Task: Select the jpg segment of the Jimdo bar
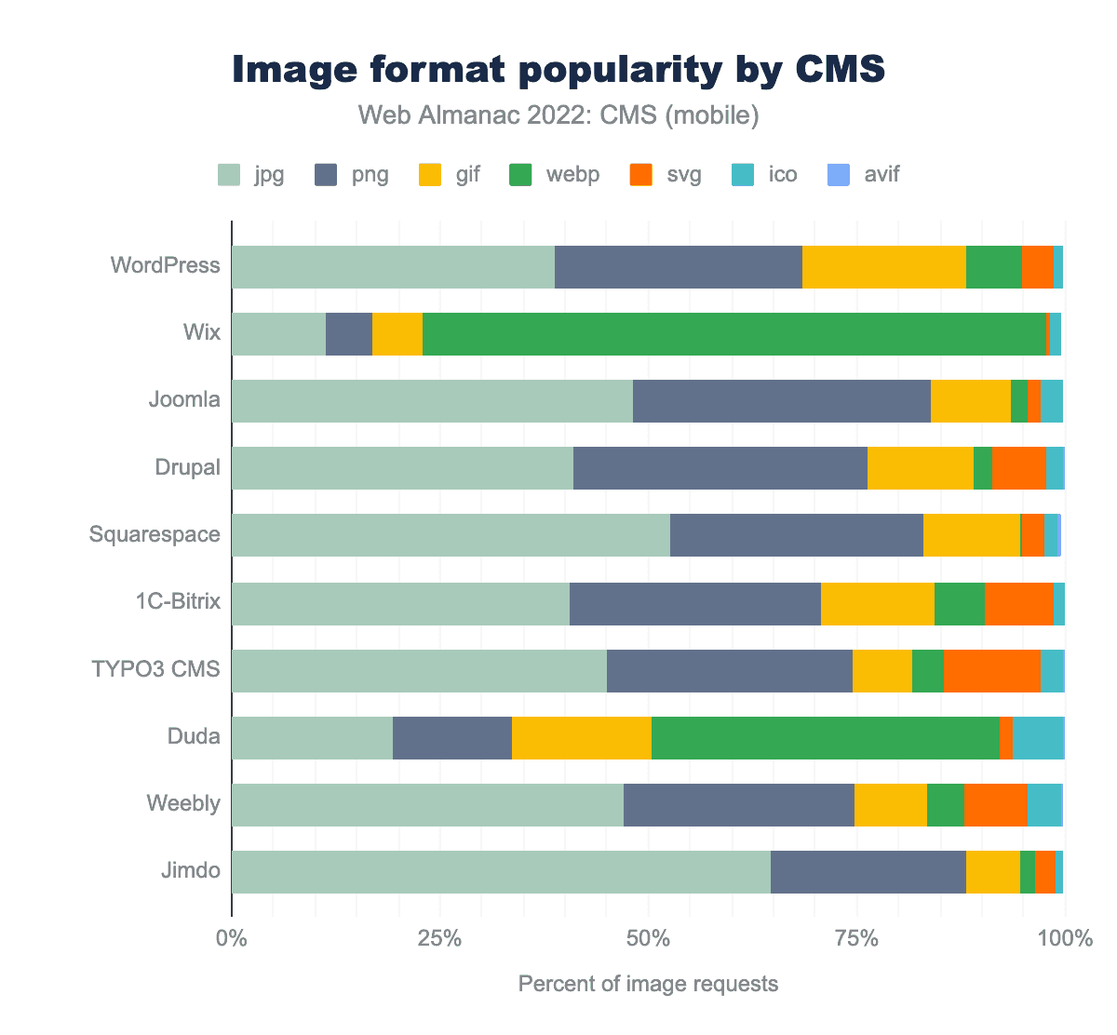pos(501,871)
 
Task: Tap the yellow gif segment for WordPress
pos(883,267)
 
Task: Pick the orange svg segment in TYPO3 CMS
pos(991,670)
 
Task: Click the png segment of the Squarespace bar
pos(796,535)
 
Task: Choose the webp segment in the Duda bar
pos(825,737)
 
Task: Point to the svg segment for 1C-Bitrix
pos(1018,603)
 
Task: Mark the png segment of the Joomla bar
pos(781,401)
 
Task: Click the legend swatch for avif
pos(839,174)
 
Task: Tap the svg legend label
pos(684,174)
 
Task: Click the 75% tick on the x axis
pos(856,938)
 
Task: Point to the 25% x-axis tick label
pos(440,938)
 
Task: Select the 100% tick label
pos(1064,938)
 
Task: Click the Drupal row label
pos(188,467)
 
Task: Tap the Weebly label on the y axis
pos(183,803)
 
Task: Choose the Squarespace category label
pos(155,534)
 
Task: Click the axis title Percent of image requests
pos(648,984)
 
